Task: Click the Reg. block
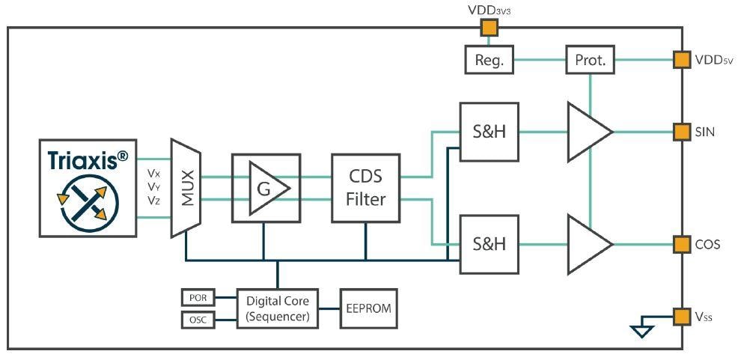click(x=490, y=60)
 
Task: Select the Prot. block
click(x=590, y=60)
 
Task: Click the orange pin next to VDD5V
click(x=681, y=59)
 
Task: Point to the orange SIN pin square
click(x=681, y=132)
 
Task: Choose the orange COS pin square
click(x=681, y=244)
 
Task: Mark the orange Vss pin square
click(x=681, y=317)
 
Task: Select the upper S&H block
click(x=489, y=132)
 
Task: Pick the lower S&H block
click(x=489, y=244)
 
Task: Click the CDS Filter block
click(x=365, y=188)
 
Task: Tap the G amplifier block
click(x=266, y=188)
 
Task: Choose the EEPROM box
click(x=368, y=307)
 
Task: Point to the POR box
click(x=198, y=298)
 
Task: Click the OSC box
click(x=198, y=320)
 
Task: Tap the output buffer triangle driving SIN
click(x=588, y=132)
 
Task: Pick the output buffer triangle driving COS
click(x=588, y=244)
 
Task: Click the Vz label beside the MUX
click(x=154, y=201)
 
